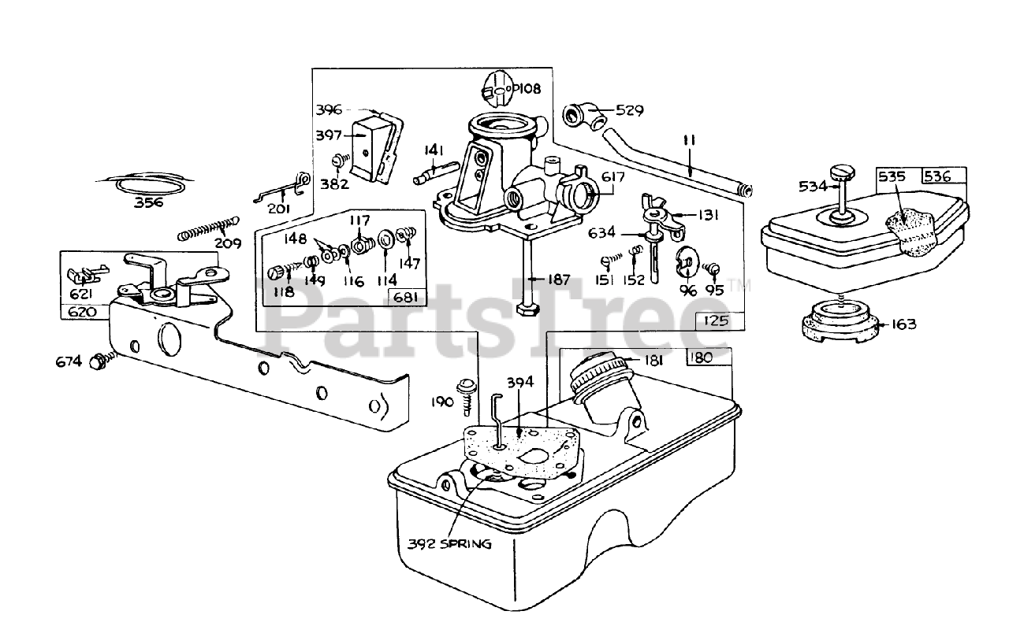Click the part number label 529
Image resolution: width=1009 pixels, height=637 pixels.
(x=630, y=110)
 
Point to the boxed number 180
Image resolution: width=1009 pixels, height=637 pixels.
(x=699, y=357)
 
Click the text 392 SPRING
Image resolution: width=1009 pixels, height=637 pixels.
(x=449, y=543)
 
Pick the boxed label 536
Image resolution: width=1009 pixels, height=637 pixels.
(x=937, y=176)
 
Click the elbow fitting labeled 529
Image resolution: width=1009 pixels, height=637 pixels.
(x=583, y=116)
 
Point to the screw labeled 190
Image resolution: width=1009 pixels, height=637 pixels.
(x=467, y=394)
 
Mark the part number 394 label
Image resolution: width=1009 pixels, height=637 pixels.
(x=519, y=383)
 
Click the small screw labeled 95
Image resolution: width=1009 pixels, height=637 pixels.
(x=711, y=269)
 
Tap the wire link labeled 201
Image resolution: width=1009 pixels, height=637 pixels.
(x=282, y=190)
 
